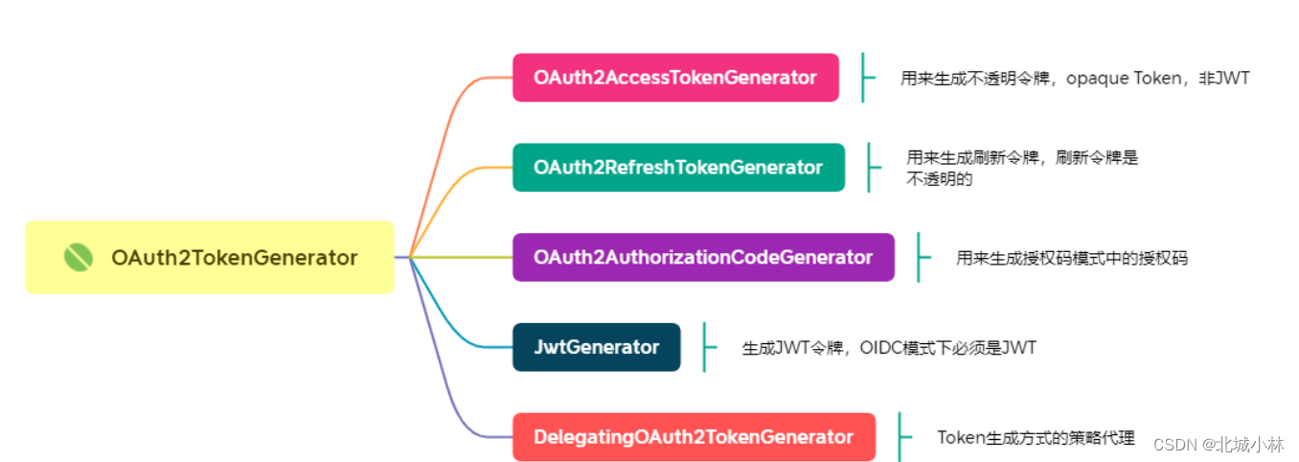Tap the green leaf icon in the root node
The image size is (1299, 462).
(x=78, y=257)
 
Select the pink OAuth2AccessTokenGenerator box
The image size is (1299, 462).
(x=675, y=78)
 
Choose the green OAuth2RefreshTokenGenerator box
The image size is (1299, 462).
(x=678, y=168)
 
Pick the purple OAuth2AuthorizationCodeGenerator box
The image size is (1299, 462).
(x=703, y=257)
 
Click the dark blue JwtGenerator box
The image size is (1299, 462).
(x=596, y=347)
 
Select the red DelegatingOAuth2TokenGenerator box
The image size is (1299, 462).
(x=694, y=437)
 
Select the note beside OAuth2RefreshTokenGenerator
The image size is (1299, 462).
(x=1021, y=168)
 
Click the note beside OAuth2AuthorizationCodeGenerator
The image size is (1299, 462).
(x=1071, y=258)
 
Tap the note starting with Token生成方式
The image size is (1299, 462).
(x=1035, y=438)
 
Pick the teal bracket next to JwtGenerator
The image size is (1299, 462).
(x=707, y=347)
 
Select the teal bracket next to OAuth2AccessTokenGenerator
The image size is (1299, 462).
(x=865, y=78)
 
